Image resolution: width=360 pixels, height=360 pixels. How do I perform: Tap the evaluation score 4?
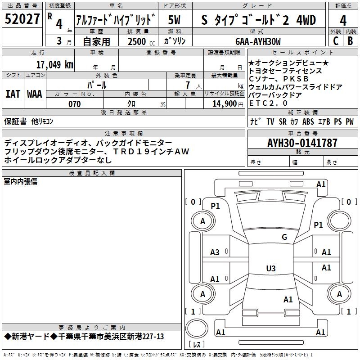click(x=343, y=20)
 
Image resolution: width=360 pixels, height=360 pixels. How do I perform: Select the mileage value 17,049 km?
click(x=54, y=64)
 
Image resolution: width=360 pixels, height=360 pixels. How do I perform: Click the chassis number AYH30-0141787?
click(x=302, y=143)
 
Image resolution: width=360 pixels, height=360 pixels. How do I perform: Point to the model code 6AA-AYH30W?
click(x=258, y=41)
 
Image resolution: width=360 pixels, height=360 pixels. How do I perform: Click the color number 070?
click(x=74, y=104)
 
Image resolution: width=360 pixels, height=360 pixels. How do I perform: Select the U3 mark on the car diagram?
click(x=270, y=269)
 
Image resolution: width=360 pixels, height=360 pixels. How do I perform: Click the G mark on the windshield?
click(x=284, y=237)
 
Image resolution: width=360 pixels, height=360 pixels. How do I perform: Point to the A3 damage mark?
click(x=215, y=252)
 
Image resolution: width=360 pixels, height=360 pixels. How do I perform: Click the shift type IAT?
click(x=13, y=94)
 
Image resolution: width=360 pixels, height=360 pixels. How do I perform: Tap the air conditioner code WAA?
click(x=35, y=94)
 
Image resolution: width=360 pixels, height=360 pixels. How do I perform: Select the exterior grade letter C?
click(x=335, y=41)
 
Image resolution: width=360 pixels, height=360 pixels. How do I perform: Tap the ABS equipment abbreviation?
click(x=308, y=121)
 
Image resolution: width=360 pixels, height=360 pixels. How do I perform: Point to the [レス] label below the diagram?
click(x=197, y=345)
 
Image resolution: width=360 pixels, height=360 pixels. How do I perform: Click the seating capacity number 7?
click(x=186, y=85)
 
